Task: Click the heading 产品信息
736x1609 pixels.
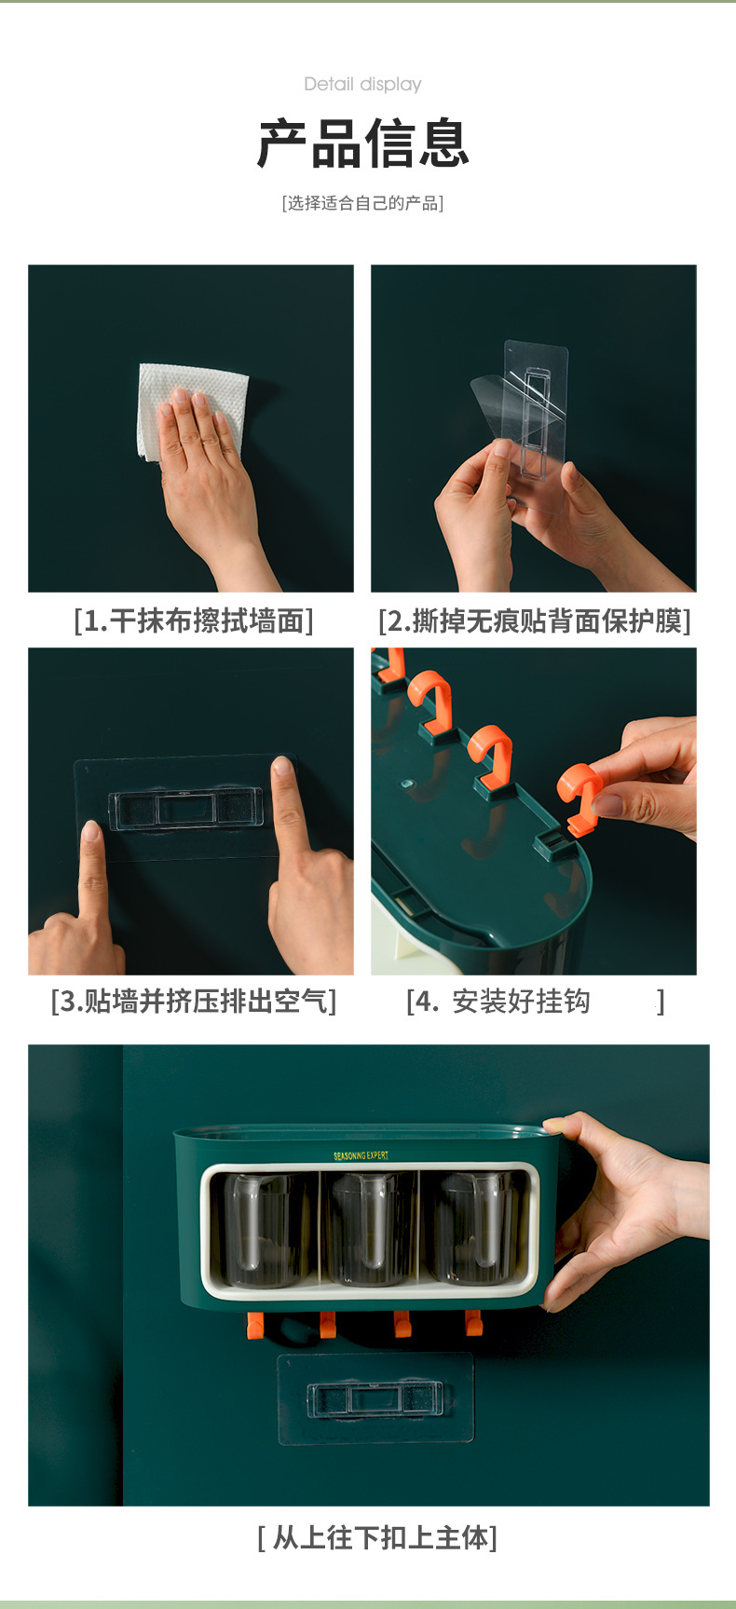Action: pyautogui.click(x=363, y=143)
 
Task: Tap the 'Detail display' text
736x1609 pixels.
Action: pyautogui.click(x=362, y=84)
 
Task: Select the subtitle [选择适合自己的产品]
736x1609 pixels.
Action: pyautogui.click(x=362, y=203)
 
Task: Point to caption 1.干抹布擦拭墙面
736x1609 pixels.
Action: pyautogui.click(x=194, y=620)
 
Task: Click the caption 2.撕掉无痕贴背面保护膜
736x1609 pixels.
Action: pyautogui.click(x=535, y=620)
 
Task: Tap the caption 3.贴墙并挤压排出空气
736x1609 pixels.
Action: pyautogui.click(x=194, y=1002)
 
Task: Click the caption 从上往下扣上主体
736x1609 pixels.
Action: pyautogui.click(x=377, y=1537)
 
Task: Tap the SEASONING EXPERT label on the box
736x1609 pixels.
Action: pyautogui.click(x=361, y=1155)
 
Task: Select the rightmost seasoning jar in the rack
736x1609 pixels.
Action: pyautogui.click(x=475, y=1228)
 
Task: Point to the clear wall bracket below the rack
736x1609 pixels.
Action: pyautogui.click(x=375, y=1399)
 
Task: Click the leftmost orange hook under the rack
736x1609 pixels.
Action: pyautogui.click(x=255, y=1325)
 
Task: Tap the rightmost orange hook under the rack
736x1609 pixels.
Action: pyautogui.click(x=473, y=1322)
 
